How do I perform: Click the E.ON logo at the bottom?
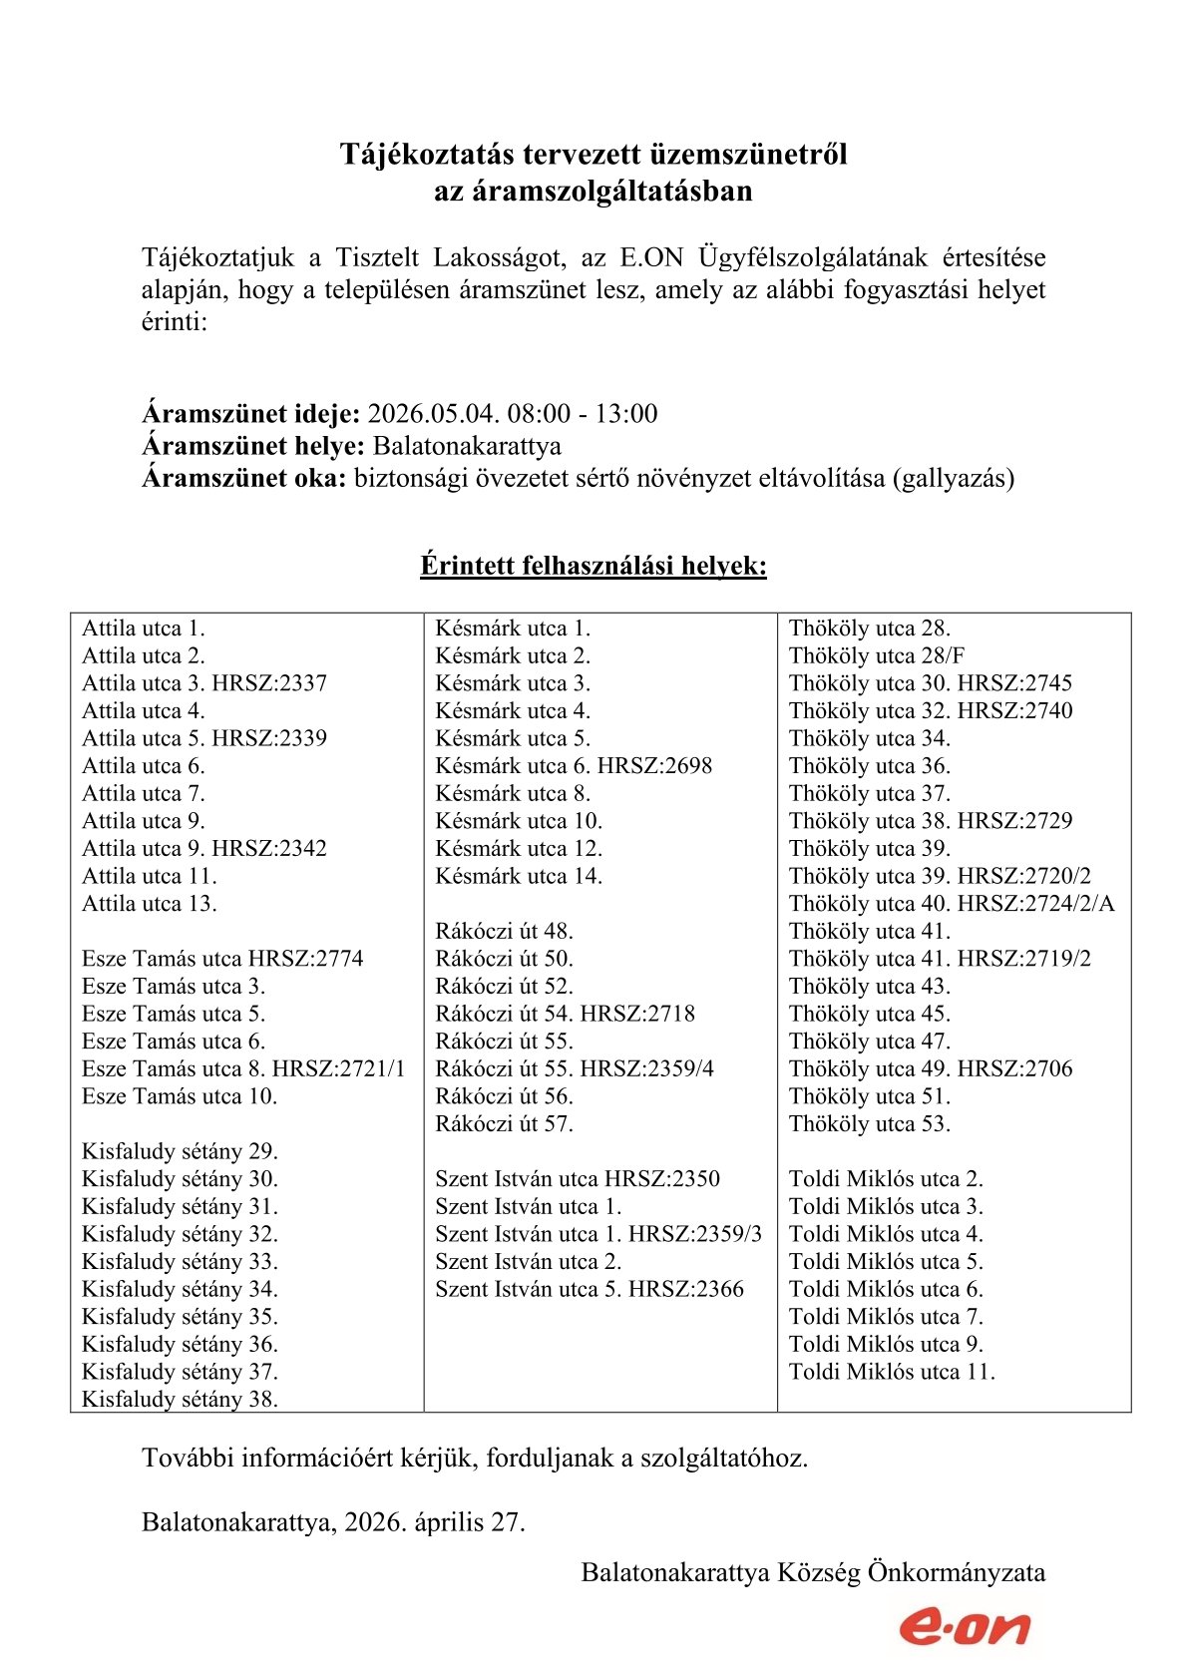click(964, 1627)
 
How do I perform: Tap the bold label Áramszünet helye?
click(253, 446)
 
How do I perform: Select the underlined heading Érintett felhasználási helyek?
click(593, 567)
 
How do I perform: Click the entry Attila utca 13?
click(150, 904)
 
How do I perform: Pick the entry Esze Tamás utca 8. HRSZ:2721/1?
click(243, 1069)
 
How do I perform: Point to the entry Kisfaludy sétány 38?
click(180, 1400)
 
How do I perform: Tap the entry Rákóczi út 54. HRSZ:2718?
click(565, 1014)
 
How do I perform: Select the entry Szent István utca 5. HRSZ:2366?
click(590, 1289)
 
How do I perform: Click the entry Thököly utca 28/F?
click(877, 656)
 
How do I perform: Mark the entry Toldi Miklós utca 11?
click(892, 1372)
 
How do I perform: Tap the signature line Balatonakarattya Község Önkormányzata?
click(813, 1573)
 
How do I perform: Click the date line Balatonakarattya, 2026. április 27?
click(333, 1522)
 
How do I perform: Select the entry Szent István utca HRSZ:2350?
click(578, 1179)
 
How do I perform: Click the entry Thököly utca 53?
click(870, 1124)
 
